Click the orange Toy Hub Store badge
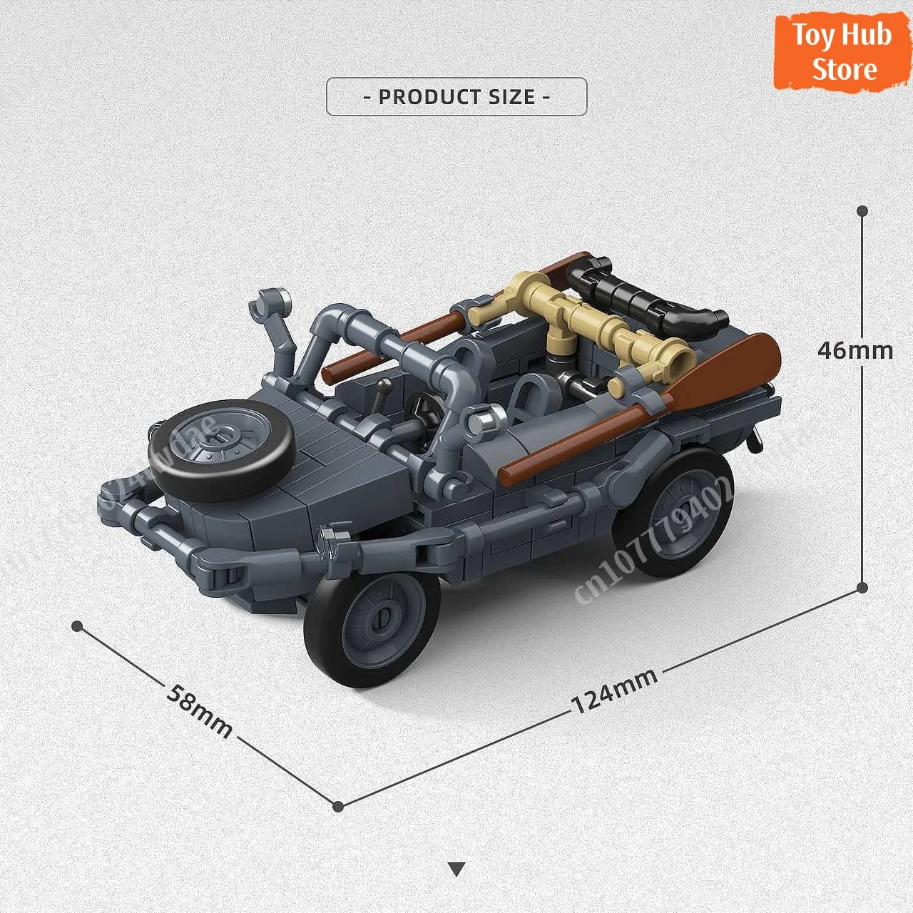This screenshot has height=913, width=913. pos(842,51)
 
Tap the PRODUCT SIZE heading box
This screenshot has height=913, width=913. pos(456,96)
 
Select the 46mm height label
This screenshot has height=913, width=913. pos(855,350)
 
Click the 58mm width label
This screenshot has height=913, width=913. pos(200,710)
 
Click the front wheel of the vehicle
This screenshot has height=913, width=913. pos(372,620)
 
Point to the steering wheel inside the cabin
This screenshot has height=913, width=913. pos(419,413)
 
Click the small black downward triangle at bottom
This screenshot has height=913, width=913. pos(457,869)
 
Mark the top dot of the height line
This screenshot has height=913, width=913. pos(862,211)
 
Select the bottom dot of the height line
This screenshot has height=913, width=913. pos(862,588)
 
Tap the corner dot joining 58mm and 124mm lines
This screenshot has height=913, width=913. pos(339,806)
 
